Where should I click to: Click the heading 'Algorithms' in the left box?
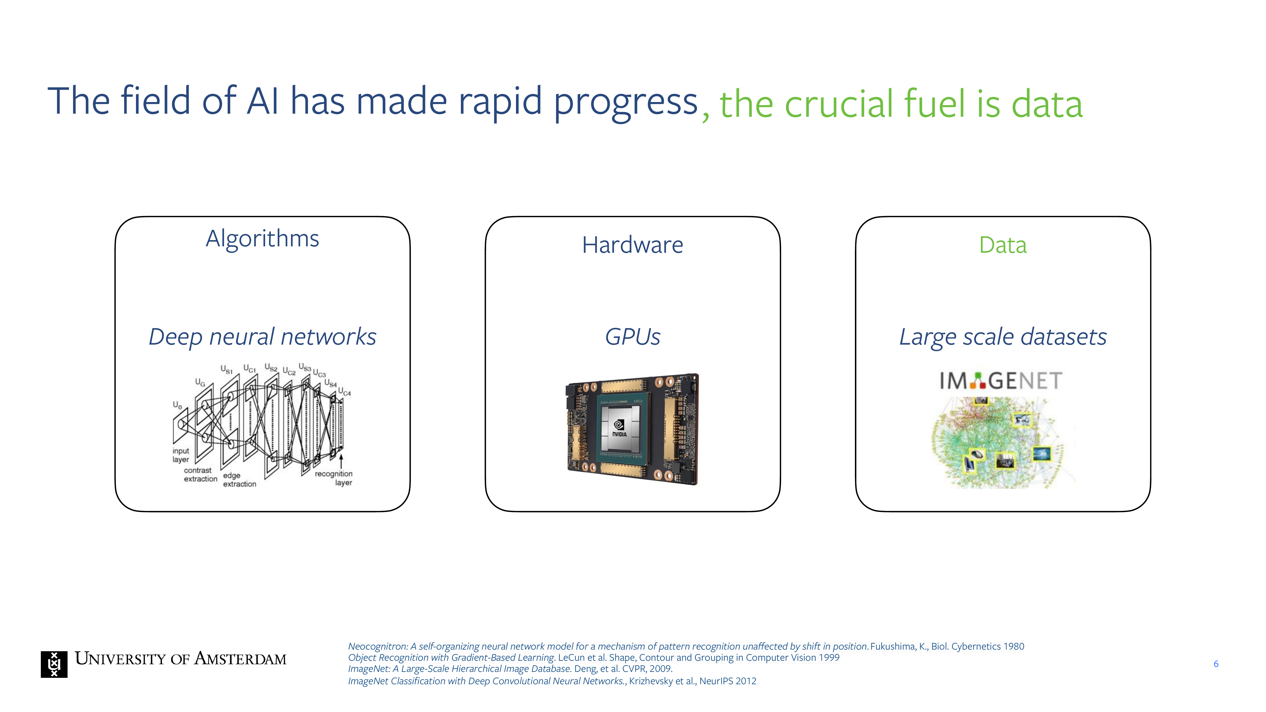pyautogui.click(x=263, y=239)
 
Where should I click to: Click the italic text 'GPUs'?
pyautogui.click(x=633, y=337)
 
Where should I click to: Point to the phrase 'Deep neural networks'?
pyautogui.click(x=263, y=337)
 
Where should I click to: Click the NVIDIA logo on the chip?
pyautogui.click(x=619, y=427)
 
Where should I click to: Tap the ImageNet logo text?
pyautogui.click(x=1001, y=381)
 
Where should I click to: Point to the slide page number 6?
pyautogui.click(x=1216, y=664)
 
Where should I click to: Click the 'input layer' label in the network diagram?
pyautogui.click(x=181, y=455)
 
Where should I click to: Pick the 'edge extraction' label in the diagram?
pyautogui.click(x=239, y=480)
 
